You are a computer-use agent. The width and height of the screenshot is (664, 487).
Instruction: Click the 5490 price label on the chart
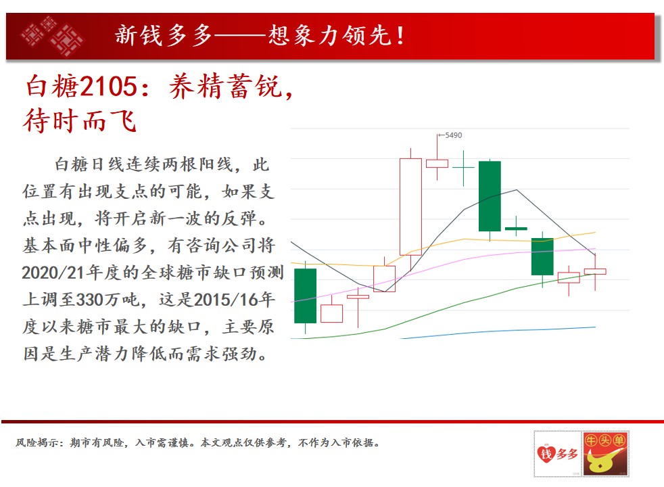click(453, 135)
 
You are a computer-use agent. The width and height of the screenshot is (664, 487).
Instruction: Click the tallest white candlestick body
click(410, 207)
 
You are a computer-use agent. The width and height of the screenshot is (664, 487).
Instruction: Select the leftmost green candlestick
click(305, 296)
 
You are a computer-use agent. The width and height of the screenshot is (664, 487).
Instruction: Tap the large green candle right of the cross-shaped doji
click(490, 196)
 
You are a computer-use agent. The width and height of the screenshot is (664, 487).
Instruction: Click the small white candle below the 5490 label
click(437, 164)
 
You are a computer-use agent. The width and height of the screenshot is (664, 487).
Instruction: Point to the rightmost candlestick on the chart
click(595, 271)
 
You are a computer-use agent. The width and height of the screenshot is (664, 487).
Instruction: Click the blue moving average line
click(498, 332)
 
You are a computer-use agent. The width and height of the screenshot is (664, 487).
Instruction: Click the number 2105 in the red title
click(108, 86)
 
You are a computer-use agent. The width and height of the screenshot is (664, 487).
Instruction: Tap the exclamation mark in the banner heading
click(400, 35)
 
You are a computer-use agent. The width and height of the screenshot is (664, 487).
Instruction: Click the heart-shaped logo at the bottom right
click(546, 454)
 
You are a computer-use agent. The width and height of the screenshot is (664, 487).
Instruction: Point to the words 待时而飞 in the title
click(80, 121)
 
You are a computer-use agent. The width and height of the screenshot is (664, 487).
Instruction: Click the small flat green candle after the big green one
click(516, 229)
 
